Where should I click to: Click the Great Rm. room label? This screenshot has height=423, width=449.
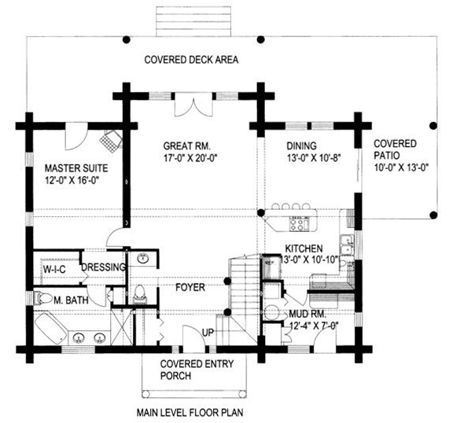(x=186, y=146)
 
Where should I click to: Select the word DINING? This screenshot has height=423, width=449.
(x=301, y=145)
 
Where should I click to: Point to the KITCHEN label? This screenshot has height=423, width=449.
(x=304, y=248)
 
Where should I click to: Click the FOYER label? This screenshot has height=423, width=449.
(x=190, y=287)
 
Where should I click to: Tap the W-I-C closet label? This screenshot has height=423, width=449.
(x=54, y=269)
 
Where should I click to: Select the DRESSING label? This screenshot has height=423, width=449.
(x=104, y=267)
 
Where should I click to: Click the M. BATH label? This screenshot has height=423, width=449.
(x=71, y=300)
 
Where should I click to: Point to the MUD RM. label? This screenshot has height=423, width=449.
(x=307, y=314)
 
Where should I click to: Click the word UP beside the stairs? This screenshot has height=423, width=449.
(x=208, y=333)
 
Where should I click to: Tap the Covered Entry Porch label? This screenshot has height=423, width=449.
(x=197, y=370)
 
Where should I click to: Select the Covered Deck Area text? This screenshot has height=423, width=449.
(x=191, y=60)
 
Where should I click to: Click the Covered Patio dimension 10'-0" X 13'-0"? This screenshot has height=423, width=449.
(x=401, y=167)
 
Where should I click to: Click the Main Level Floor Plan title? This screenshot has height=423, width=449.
(x=190, y=413)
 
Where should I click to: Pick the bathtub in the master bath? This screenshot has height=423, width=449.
(x=51, y=328)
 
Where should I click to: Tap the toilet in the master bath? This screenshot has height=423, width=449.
(x=42, y=298)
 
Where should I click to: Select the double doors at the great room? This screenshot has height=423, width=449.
(x=193, y=105)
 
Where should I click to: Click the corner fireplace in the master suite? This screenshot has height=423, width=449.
(x=111, y=142)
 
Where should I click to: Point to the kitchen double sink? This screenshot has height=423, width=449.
(x=347, y=245)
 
